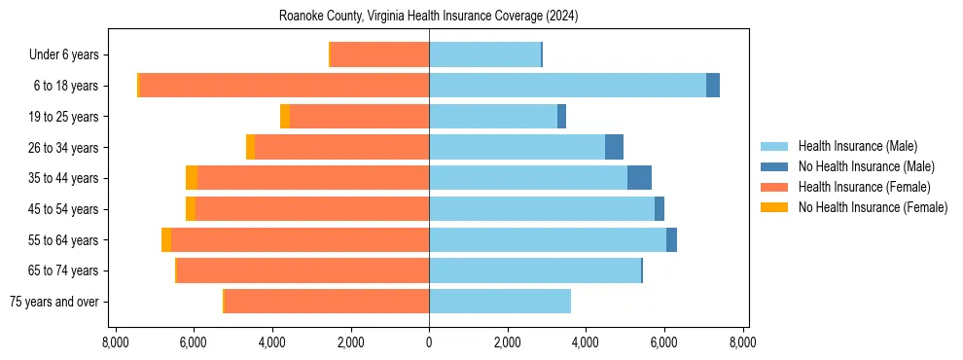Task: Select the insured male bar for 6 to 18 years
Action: pyautogui.click(x=567, y=86)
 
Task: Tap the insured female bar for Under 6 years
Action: pyautogui.click(x=380, y=54)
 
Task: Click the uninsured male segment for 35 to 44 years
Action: pyautogui.click(x=639, y=178)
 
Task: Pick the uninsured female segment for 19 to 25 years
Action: pyautogui.click(x=285, y=117)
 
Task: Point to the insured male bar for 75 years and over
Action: pyautogui.click(x=500, y=302)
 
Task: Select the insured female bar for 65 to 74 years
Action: pyautogui.click(x=303, y=270)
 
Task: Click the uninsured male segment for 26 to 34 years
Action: pyautogui.click(x=614, y=147)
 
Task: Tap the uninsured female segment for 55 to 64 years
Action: pyautogui.click(x=166, y=239)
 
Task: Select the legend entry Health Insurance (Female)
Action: pyautogui.click(x=864, y=187)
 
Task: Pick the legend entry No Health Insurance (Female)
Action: pyautogui.click(x=873, y=207)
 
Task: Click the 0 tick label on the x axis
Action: pyautogui.click(x=429, y=342)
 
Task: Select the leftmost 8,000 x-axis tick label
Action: pyautogui.click(x=115, y=342)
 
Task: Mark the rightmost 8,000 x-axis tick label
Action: pyautogui.click(x=743, y=342)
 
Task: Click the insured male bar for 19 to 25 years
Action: pyautogui.click(x=493, y=117)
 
